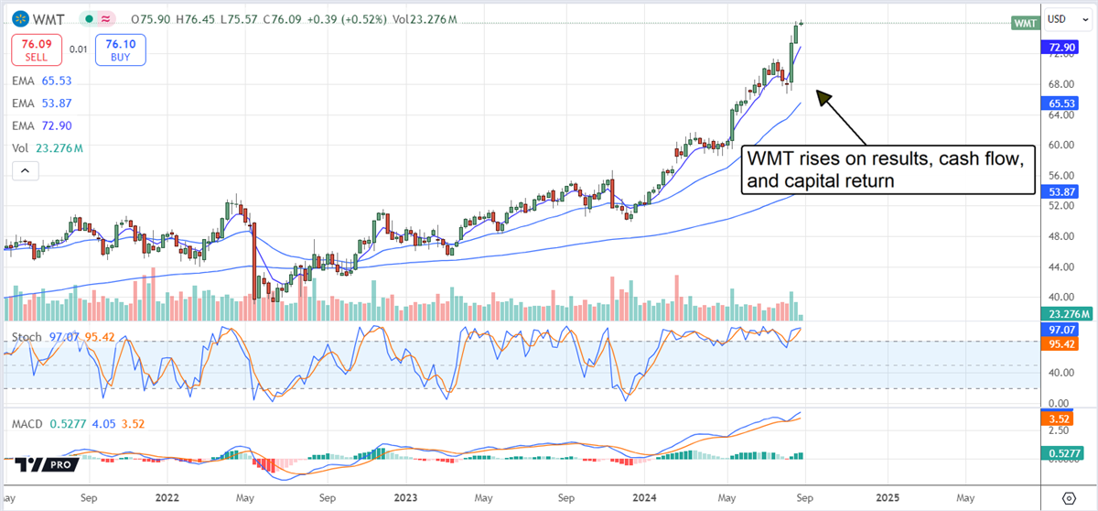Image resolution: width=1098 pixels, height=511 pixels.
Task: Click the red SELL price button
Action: [37, 49]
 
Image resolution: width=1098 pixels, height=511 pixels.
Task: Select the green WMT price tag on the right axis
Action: [1024, 24]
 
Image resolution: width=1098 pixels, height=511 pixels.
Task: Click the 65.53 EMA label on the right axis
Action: [1061, 104]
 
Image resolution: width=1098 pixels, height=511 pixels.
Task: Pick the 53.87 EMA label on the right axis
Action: [1061, 190]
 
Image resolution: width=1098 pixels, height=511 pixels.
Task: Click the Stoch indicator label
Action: [26, 337]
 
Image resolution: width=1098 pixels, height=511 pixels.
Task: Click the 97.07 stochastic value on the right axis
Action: [1061, 328]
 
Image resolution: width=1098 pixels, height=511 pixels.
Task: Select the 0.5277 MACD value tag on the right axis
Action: [1061, 451]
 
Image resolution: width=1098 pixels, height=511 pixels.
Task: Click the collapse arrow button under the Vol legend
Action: [25, 170]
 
